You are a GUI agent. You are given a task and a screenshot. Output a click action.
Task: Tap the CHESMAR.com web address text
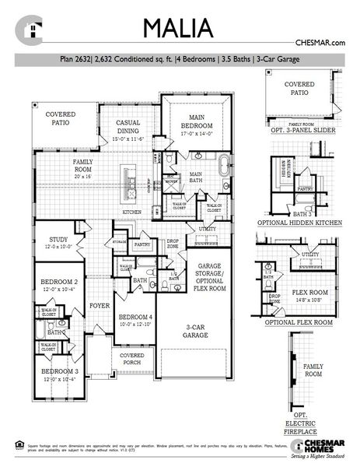(320, 44)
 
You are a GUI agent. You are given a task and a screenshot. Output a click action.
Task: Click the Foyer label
(98, 306)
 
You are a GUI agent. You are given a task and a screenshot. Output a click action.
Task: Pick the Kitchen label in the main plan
(131, 212)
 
